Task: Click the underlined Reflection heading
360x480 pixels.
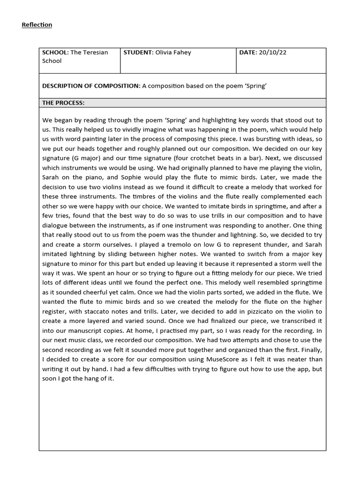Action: point(37,25)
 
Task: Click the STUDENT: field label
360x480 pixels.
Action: point(138,52)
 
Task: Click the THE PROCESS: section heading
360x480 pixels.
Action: point(63,103)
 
